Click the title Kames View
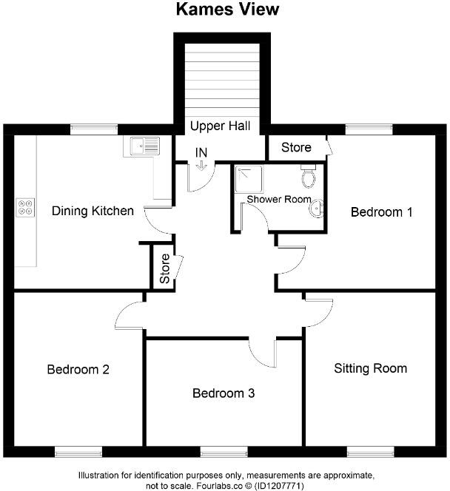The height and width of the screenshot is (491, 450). click(226, 10)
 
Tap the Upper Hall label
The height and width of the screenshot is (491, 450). click(220, 126)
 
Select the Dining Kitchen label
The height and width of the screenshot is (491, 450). click(93, 211)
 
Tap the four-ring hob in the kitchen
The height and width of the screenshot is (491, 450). click(24, 208)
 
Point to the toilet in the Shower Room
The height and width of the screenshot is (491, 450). click(309, 177)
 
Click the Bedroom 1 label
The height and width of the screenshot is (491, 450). click(381, 212)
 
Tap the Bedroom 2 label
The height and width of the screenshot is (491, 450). click(78, 370)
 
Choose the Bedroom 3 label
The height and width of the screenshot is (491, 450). click(224, 393)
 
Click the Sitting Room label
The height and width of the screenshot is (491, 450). click(370, 368)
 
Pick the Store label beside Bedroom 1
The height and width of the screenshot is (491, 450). click(296, 148)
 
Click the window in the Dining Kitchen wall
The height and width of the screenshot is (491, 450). click(95, 129)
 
